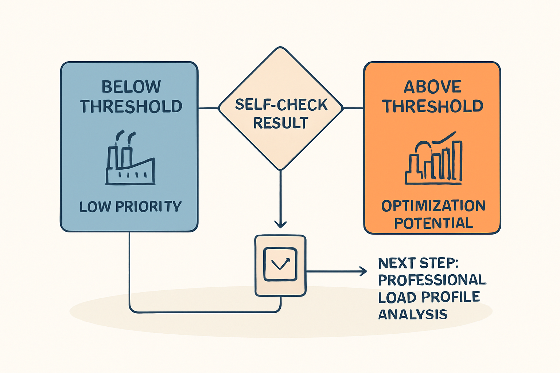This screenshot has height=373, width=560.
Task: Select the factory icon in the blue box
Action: coord(130,158)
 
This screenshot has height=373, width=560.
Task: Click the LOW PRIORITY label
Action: coord(130,207)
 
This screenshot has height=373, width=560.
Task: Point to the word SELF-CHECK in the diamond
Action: coord(281,105)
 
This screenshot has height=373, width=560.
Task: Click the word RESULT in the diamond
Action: coord(281,123)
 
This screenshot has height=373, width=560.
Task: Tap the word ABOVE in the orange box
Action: coord(432,87)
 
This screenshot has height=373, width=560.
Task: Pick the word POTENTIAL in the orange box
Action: coord(433,223)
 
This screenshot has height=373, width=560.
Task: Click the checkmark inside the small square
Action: coord(280,264)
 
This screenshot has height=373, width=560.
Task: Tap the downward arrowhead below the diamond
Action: coord(280,224)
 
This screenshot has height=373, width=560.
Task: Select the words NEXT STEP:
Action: coord(419,263)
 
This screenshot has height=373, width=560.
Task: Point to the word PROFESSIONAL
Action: coord(432,280)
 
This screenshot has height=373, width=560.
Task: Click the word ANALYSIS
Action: coord(413,314)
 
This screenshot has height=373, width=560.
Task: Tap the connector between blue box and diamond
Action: coord(208,109)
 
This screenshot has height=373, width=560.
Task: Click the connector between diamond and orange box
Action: coord(353,109)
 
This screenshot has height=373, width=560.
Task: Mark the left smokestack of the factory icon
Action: coord(112,157)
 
